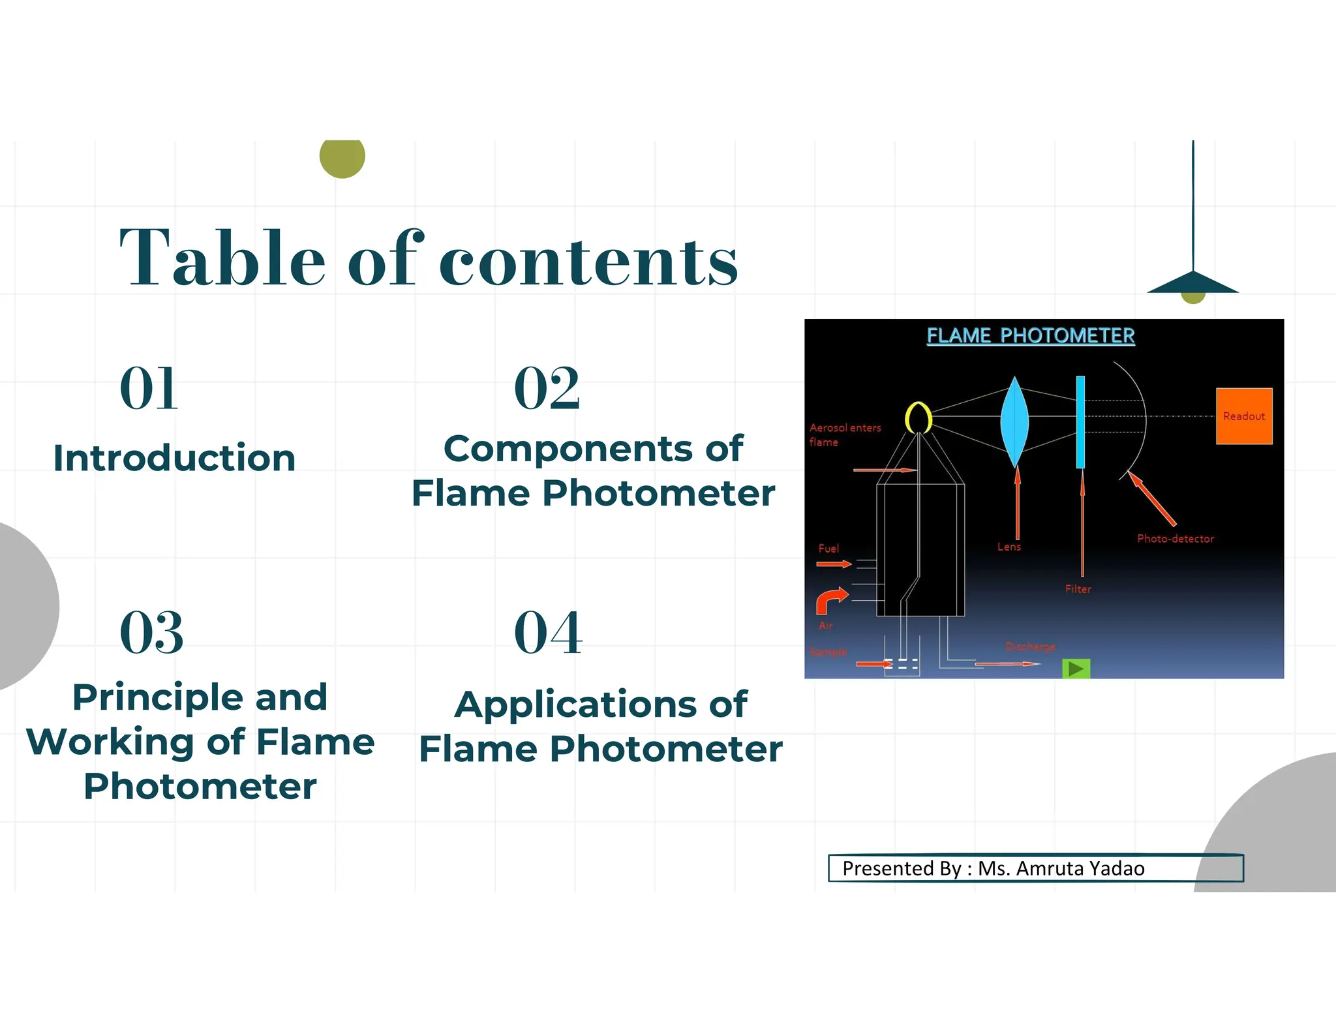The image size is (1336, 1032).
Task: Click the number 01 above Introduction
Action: click(x=149, y=389)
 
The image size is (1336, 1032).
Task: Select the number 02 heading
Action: click(x=547, y=389)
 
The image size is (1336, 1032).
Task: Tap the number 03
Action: click(x=151, y=632)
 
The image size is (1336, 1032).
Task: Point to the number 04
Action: click(x=548, y=632)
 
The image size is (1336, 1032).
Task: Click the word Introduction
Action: click(x=174, y=458)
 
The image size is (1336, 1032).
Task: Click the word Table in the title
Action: click(x=222, y=258)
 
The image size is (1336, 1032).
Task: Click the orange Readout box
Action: click(x=1243, y=416)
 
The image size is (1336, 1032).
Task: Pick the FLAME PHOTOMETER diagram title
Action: click(x=1030, y=336)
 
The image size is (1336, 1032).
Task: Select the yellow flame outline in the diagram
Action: click(x=918, y=417)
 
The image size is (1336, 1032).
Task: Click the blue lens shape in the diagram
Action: click(x=1014, y=421)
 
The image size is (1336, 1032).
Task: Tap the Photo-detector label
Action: click(x=1175, y=539)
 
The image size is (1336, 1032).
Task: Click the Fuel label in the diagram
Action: click(x=828, y=549)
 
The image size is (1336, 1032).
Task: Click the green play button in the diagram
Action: click(x=1076, y=669)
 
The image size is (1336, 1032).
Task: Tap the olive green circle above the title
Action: click(x=342, y=157)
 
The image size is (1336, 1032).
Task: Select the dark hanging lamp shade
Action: click(x=1192, y=283)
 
